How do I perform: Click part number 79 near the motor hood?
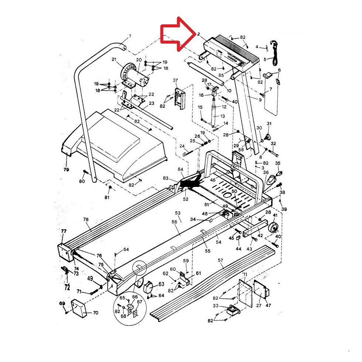tap(66, 170)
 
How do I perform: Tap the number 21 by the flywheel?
tap(114, 59)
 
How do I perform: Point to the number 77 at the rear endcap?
tap(64, 231)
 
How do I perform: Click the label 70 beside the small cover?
tap(95, 313)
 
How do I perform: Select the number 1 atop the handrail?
tap(130, 36)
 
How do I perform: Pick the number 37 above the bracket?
tap(175, 81)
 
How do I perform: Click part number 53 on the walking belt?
tap(178, 213)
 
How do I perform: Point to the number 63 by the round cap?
tap(161, 284)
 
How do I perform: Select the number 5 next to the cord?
tap(264, 59)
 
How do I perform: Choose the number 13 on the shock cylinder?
tap(222, 116)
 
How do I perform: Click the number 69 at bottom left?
tap(62, 304)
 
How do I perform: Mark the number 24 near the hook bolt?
tap(182, 146)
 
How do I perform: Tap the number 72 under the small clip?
tap(67, 286)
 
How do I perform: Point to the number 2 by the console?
tap(198, 34)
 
